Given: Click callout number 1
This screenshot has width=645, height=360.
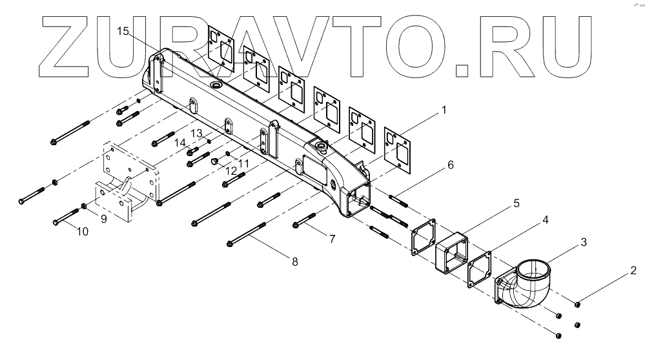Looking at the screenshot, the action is coord(444,110).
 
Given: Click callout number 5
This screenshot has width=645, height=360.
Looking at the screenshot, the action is coord(517,203).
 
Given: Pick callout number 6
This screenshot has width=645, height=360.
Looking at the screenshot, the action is coord(450,165).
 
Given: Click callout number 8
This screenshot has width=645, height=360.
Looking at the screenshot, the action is coord(295,261).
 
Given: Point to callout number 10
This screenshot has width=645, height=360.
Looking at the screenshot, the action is coord(83,231).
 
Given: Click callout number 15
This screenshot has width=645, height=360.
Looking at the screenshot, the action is coord(123,30).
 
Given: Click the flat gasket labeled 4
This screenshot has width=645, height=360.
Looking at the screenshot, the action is coord(481,270).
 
